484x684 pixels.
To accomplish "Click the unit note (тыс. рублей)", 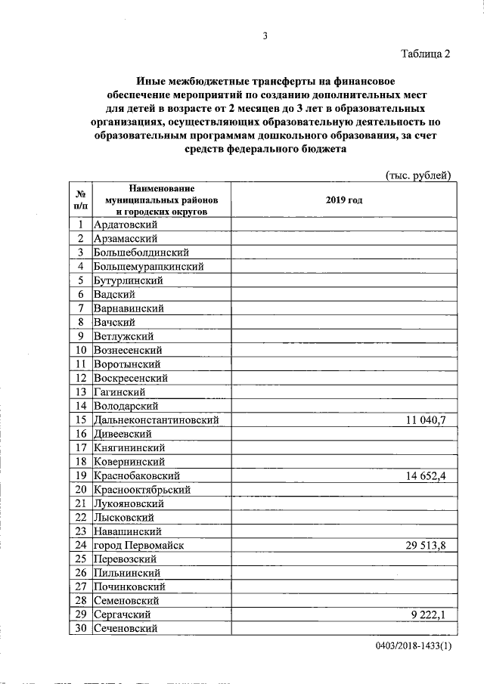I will tap(418, 175).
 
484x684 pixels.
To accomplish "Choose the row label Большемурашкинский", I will tap(149, 266).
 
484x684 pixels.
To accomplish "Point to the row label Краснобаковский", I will tap(140, 475).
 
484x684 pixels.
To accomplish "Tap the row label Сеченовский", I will tap(125, 629).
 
